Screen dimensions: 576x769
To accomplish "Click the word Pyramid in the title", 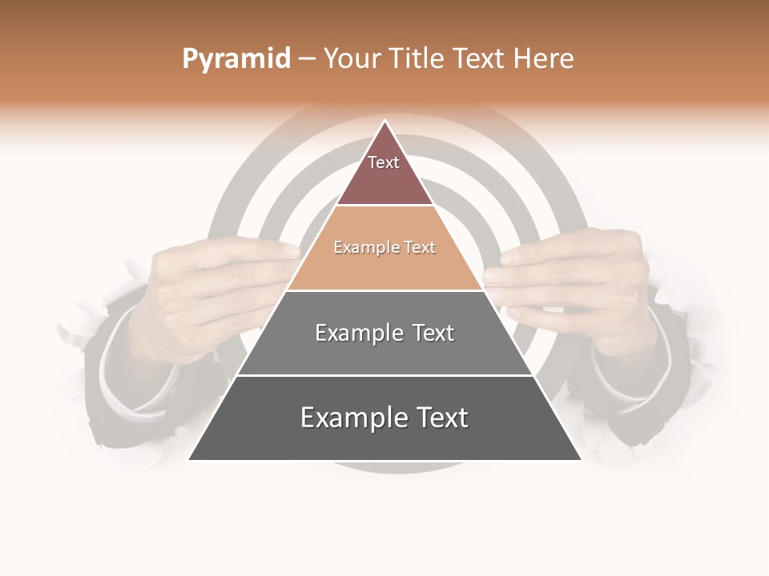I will (x=236, y=59).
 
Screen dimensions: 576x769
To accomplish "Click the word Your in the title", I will (x=353, y=59).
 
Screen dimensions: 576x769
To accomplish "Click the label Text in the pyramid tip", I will (x=384, y=162).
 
